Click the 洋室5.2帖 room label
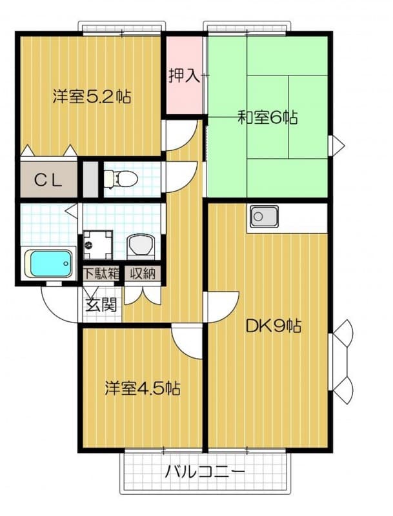pyautogui.click(x=92, y=97)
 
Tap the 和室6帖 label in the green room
pyautogui.click(x=267, y=117)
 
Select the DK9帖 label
pyautogui.click(x=274, y=326)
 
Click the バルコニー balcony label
pyautogui.click(x=205, y=471)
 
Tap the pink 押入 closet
pyautogui.click(x=185, y=76)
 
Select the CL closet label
pyautogui.click(x=48, y=180)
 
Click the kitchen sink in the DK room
pyautogui.click(x=264, y=217)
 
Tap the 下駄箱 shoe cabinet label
pyautogui.click(x=101, y=273)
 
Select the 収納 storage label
pyautogui.click(x=141, y=273)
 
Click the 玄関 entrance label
pyautogui.click(x=101, y=304)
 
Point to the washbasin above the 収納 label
pyautogui.click(x=141, y=245)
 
